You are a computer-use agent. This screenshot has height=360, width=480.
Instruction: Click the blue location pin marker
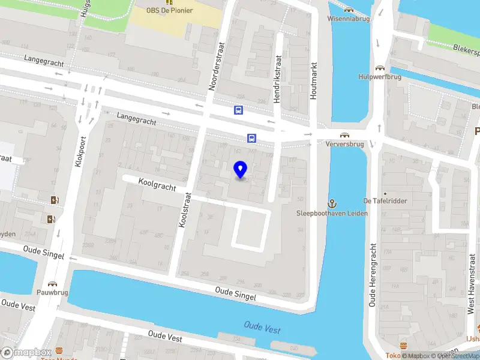click(241, 170)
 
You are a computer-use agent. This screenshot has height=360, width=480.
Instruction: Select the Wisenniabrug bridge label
click(349, 18)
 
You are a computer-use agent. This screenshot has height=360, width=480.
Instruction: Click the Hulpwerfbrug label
click(379, 77)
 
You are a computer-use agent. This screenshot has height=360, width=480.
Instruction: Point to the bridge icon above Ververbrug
click(344, 135)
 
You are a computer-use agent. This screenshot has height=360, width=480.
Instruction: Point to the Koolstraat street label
click(184, 209)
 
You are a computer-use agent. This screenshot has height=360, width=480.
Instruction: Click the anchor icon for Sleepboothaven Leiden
click(332, 204)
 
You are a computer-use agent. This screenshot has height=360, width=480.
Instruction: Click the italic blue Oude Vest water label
click(262, 328)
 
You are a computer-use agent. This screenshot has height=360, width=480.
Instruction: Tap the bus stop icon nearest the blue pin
click(250, 138)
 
